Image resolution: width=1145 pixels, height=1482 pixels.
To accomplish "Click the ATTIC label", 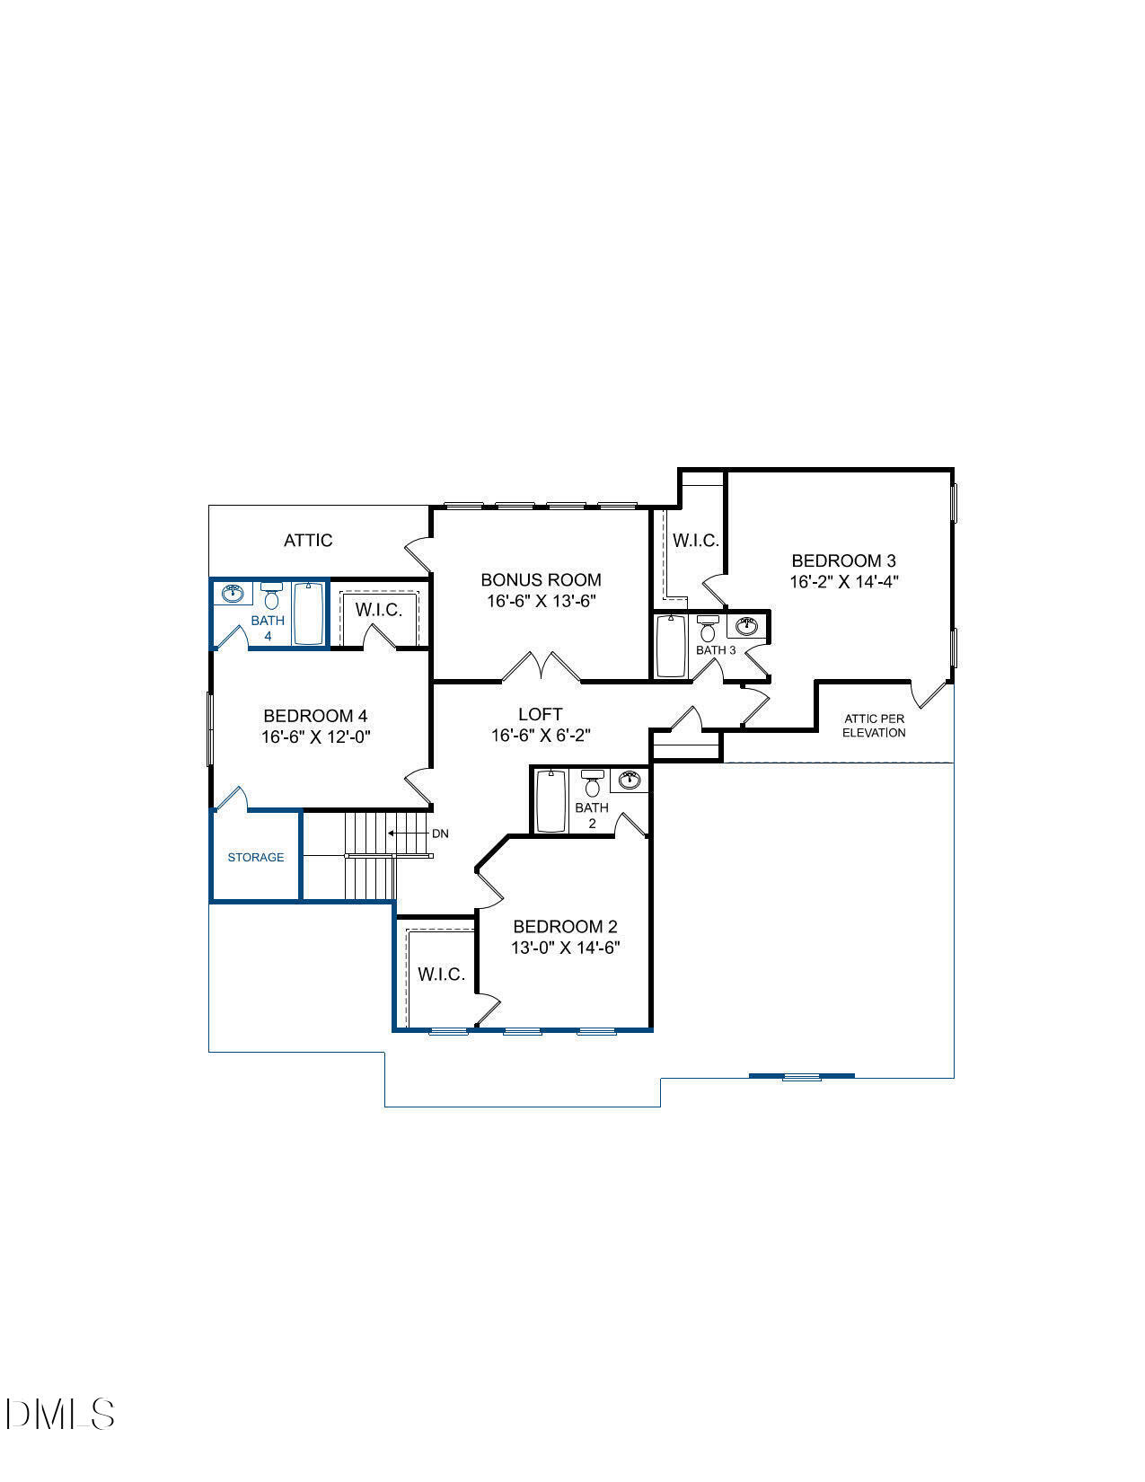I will [x=308, y=540].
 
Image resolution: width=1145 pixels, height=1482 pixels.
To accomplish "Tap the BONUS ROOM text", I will [x=541, y=580].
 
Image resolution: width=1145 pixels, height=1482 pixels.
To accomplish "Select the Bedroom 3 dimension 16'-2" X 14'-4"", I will [x=844, y=582].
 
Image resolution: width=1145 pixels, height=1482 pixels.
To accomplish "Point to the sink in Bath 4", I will [x=233, y=593].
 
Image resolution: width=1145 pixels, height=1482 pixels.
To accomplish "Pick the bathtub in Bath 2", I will [x=548, y=801].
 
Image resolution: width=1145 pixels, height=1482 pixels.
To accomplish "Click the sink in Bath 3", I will [x=747, y=626].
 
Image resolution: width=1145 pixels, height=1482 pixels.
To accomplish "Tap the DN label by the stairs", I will [x=440, y=834].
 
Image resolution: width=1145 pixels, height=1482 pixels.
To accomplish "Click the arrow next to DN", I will [x=407, y=834].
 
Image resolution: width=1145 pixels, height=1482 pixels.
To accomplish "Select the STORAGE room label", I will [x=256, y=858].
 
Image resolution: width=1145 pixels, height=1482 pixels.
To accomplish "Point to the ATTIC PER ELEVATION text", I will [x=874, y=726].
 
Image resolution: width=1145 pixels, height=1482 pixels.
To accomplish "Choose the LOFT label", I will [x=541, y=714].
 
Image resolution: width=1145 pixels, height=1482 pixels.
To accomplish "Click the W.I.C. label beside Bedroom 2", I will [x=441, y=975].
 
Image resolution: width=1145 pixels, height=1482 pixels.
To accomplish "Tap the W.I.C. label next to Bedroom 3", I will [x=696, y=541].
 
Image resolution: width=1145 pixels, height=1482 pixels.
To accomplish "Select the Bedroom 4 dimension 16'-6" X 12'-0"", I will [x=315, y=737].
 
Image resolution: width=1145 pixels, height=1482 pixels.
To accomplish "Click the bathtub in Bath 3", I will [x=671, y=646].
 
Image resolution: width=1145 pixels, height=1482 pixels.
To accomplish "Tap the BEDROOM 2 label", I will [x=565, y=926].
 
